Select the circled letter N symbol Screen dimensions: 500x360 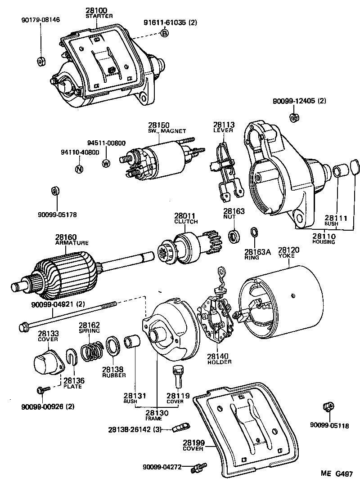point(79,170)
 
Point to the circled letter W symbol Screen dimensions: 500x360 point(106,163)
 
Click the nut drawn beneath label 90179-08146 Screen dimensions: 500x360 point(40,61)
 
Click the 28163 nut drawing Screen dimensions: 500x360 point(234,235)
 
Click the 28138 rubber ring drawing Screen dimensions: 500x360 point(112,346)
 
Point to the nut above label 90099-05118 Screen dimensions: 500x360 point(328,407)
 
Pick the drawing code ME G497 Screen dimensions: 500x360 point(337,473)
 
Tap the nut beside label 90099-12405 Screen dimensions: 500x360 point(291,118)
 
